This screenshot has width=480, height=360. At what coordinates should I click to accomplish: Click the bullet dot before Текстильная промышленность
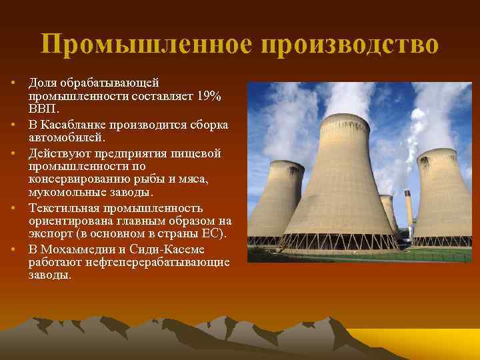pyautogui.click(x=13, y=208)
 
